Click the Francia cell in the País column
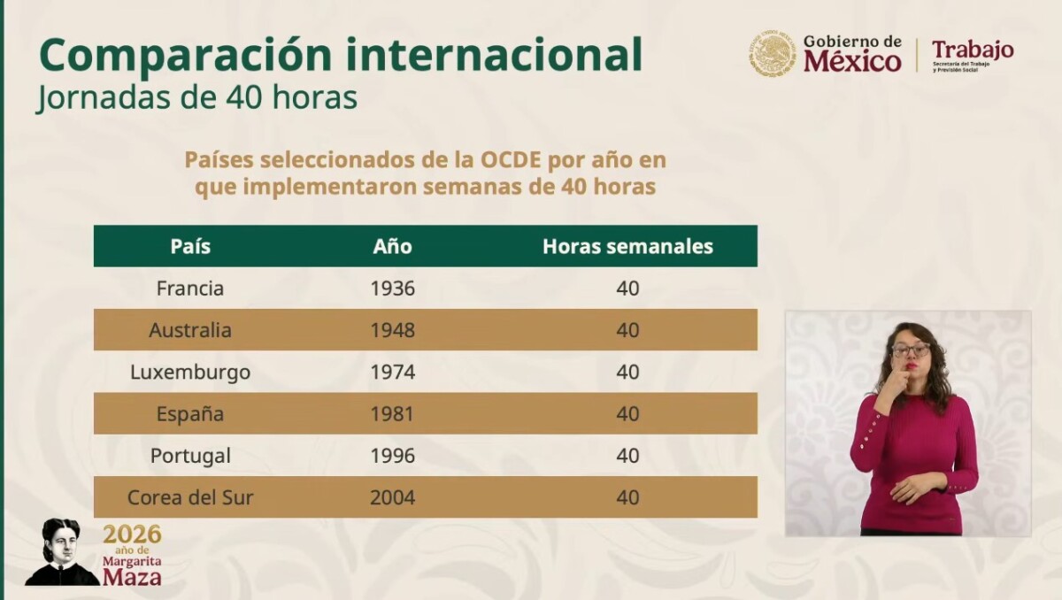point(190,288)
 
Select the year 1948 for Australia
point(393,330)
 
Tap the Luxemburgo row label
point(190,372)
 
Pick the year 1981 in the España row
point(393,414)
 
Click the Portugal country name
point(190,456)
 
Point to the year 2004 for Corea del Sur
point(393,497)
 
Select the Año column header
point(393,246)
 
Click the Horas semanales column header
point(627,246)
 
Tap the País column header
point(190,246)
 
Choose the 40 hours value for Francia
point(627,288)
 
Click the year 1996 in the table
point(393,456)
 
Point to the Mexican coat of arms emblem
point(772,54)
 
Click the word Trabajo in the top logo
point(973,50)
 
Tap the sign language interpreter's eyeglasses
point(911,350)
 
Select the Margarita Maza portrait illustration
point(62,551)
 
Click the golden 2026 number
point(132,535)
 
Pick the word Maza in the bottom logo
point(132,577)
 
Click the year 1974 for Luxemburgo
point(393,372)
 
